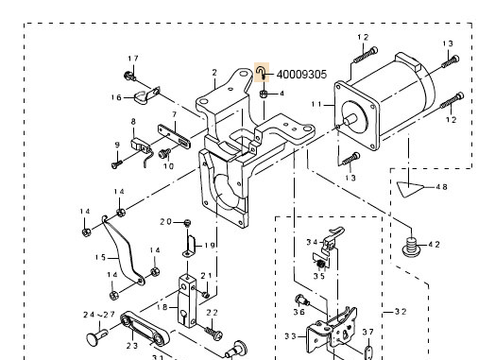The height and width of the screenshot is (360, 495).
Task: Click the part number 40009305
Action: (300, 74)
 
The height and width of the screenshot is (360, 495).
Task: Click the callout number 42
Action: (434, 244)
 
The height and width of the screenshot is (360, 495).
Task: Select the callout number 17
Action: (132, 60)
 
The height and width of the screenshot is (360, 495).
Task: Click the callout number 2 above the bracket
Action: (214, 73)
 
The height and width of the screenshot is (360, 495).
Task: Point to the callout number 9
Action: (116, 145)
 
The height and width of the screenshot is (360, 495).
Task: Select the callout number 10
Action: (169, 166)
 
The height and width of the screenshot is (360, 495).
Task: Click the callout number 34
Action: (311, 242)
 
